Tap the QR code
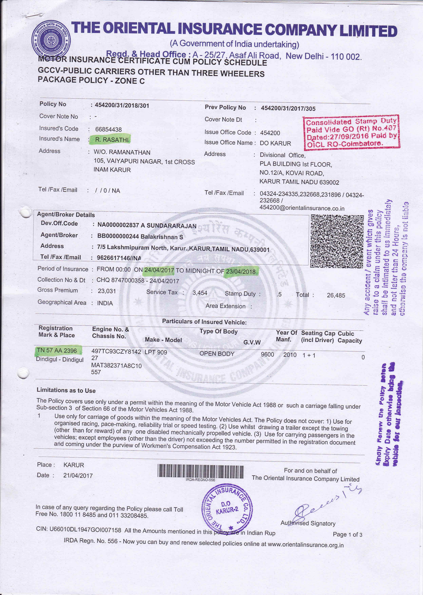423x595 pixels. pyautogui.click(x=337, y=241)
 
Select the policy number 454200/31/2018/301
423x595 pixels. pyautogui.click(x=122, y=105)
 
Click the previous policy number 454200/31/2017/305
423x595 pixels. pyautogui.click(x=288, y=108)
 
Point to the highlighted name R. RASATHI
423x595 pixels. pyautogui.click(x=111, y=140)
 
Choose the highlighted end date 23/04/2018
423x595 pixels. pyautogui.click(x=241, y=271)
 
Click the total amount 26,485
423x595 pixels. pyautogui.click(x=336, y=295)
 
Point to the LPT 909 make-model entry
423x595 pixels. pyautogui.click(x=156, y=352)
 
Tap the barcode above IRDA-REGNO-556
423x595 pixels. pyautogui.click(x=200, y=472)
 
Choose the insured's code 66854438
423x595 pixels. pyautogui.click(x=108, y=129)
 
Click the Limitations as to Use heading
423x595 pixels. pyautogui.click(x=66, y=390)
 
